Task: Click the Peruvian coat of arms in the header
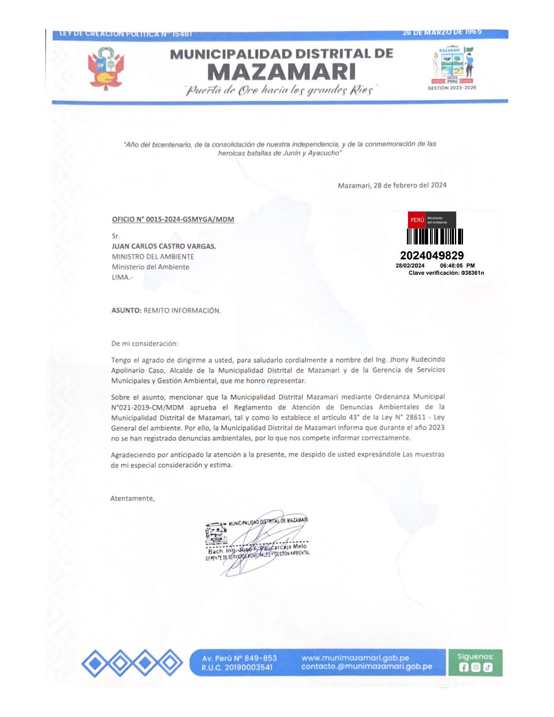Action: pos(106,69)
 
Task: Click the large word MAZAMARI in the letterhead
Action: pos(282,72)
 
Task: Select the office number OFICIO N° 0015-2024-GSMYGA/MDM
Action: pos(173,220)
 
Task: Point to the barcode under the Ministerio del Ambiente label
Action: pos(435,236)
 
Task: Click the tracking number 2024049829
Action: pos(432,256)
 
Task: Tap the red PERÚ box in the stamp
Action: pos(417,220)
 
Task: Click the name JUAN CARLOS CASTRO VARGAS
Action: pos(164,246)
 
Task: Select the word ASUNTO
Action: pos(125,311)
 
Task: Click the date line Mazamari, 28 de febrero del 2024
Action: pos(392,185)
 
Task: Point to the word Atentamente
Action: pos(132,498)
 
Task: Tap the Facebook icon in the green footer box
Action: pos(463,667)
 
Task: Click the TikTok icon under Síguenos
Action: pos(487,667)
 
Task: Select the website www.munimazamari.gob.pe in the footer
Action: pos(355,658)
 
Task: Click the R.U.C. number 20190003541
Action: pos(248,668)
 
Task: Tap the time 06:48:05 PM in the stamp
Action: pos(457,266)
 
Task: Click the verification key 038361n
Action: pos(473,273)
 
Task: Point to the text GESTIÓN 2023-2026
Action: pos(452,88)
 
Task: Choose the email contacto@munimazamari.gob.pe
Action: pos(367,667)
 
